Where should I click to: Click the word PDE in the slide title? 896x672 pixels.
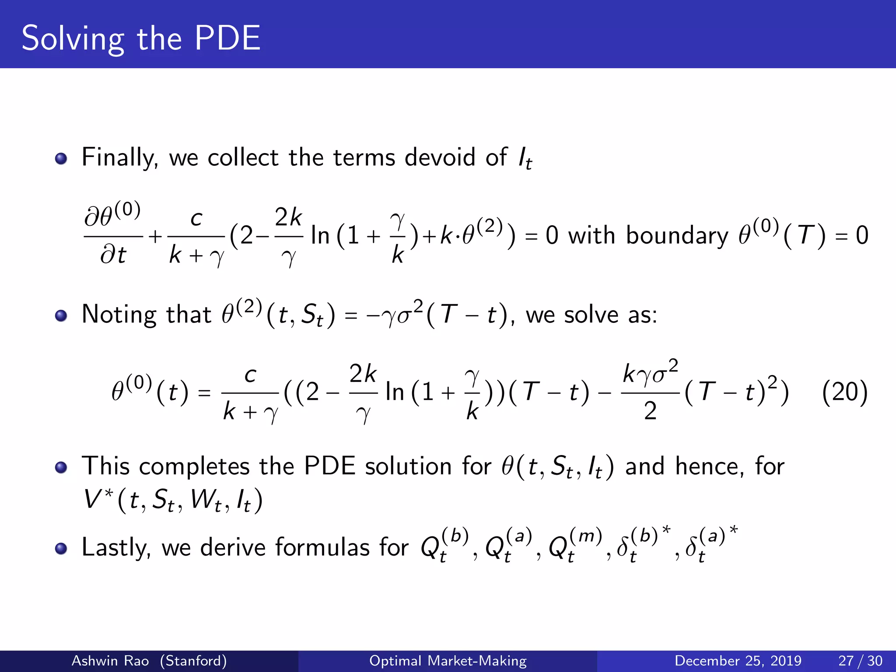click(227, 38)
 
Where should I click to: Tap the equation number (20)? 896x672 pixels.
click(844, 392)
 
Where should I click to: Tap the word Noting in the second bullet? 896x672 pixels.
click(119, 315)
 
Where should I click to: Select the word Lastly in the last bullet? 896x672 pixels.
click(116, 548)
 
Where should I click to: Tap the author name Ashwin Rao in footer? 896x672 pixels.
click(110, 661)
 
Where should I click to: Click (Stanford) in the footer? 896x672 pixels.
click(193, 661)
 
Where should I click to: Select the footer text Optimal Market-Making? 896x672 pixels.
click(448, 661)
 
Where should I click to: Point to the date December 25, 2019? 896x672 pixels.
click(738, 661)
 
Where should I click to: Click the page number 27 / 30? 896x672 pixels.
click(860, 661)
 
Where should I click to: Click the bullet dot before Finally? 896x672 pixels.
click(61, 158)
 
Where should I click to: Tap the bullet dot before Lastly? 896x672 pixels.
click(61, 549)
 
